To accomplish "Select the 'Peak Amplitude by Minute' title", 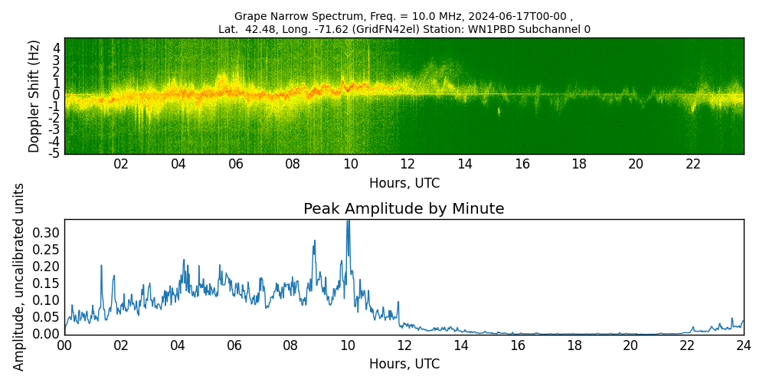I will (x=404, y=209).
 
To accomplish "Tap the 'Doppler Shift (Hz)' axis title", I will (x=34, y=96).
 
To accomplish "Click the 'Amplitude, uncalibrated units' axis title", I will (x=19, y=277).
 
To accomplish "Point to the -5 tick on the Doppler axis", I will (x=55, y=153).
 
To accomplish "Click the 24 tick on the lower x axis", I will (x=743, y=345).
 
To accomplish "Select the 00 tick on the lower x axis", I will (x=64, y=345).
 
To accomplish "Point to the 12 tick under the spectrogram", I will (x=408, y=164).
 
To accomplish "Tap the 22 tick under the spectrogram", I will (x=693, y=164).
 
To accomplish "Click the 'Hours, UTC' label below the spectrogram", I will (x=404, y=183).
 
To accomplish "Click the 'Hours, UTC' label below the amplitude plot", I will (x=404, y=364).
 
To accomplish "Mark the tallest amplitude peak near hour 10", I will (x=348, y=221).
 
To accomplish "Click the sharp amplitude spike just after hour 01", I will (x=101, y=266).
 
